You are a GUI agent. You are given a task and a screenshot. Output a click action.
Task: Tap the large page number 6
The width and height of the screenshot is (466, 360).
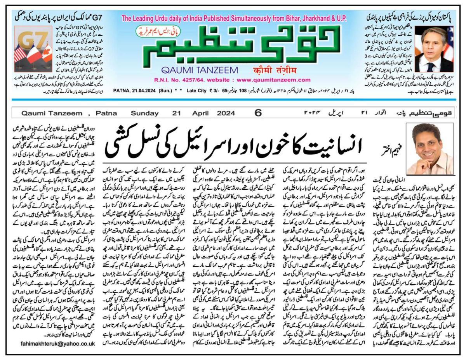(x=258, y=113)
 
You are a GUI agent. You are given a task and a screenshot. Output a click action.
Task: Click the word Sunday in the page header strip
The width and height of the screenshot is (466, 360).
(x=144, y=113)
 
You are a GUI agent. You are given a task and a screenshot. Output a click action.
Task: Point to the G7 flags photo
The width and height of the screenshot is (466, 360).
(x=34, y=48)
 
